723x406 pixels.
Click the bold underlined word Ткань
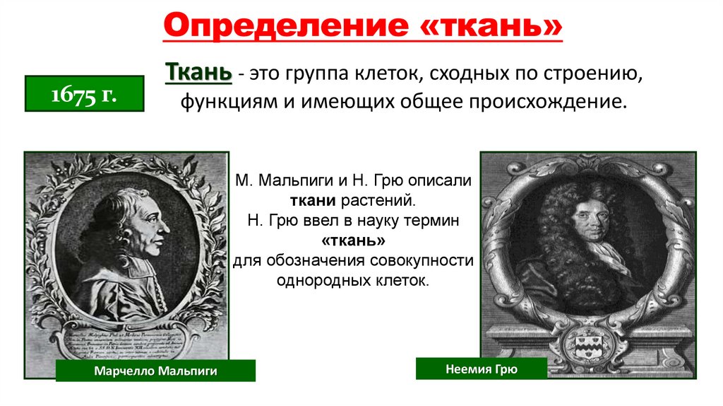[x=198, y=73]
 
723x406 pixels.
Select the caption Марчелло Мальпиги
[x=155, y=371]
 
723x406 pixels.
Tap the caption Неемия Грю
[x=482, y=369]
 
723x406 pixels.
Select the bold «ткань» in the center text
[x=354, y=240]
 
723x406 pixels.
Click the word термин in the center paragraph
[x=429, y=221]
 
